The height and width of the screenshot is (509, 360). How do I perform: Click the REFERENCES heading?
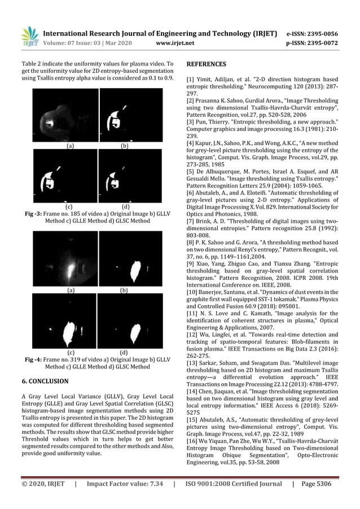tap(207, 64)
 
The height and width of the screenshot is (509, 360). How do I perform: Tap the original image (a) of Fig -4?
tap(65, 259)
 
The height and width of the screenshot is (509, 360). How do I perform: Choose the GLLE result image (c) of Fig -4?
tap(65, 321)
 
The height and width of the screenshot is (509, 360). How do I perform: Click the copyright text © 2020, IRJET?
tap(43, 484)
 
